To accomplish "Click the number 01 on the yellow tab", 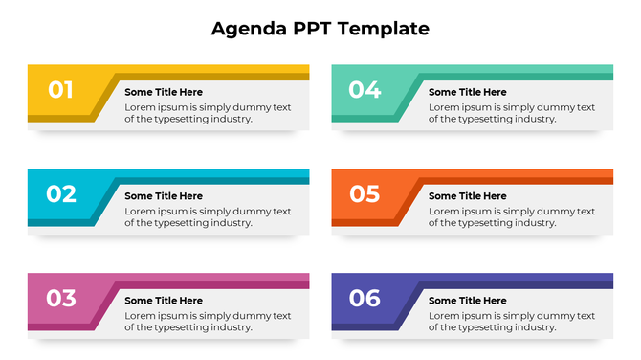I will (x=60, y=90).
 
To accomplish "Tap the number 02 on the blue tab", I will (x=60, y=194).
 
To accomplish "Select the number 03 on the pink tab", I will (x=60, y=298).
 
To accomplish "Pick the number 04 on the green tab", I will (x=365, y=90).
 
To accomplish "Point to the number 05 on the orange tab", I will (x=365, y=194).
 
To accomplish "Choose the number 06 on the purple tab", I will (x=365, y=298).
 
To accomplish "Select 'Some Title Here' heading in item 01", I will (x=164, y=92).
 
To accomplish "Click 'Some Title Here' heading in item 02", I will (x=164, y=196).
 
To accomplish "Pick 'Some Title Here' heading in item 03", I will (x=164, y=301).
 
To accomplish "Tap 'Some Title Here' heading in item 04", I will (x=468, y=92).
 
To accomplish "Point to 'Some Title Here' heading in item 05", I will (x=468, y=196).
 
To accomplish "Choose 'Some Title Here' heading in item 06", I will (x=468, y=301).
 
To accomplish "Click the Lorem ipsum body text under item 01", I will (x=208, y=113).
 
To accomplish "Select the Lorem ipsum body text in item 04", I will (x=512, y=113).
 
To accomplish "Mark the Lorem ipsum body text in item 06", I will (x=512, y=321).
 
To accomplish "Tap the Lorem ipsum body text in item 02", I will (x=208, y=216).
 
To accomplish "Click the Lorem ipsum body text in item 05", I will (x=512, y=216).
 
